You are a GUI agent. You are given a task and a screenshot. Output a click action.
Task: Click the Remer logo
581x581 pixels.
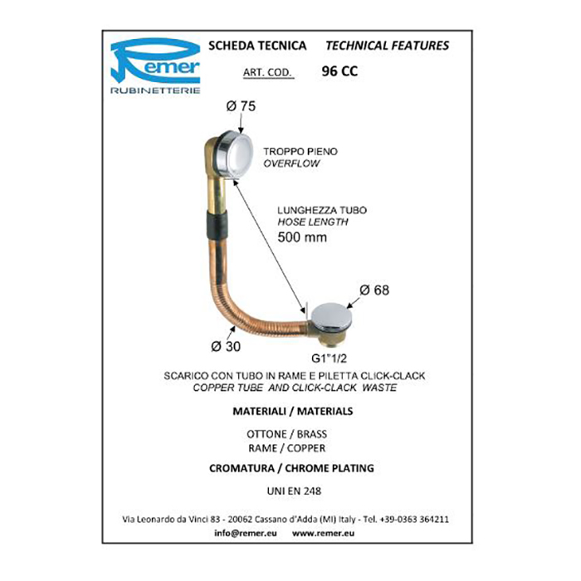coord(156,64)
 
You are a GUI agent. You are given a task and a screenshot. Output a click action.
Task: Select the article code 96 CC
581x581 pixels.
coord(339,71)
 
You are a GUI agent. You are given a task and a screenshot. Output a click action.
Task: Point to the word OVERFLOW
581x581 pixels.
coord(291,164)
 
